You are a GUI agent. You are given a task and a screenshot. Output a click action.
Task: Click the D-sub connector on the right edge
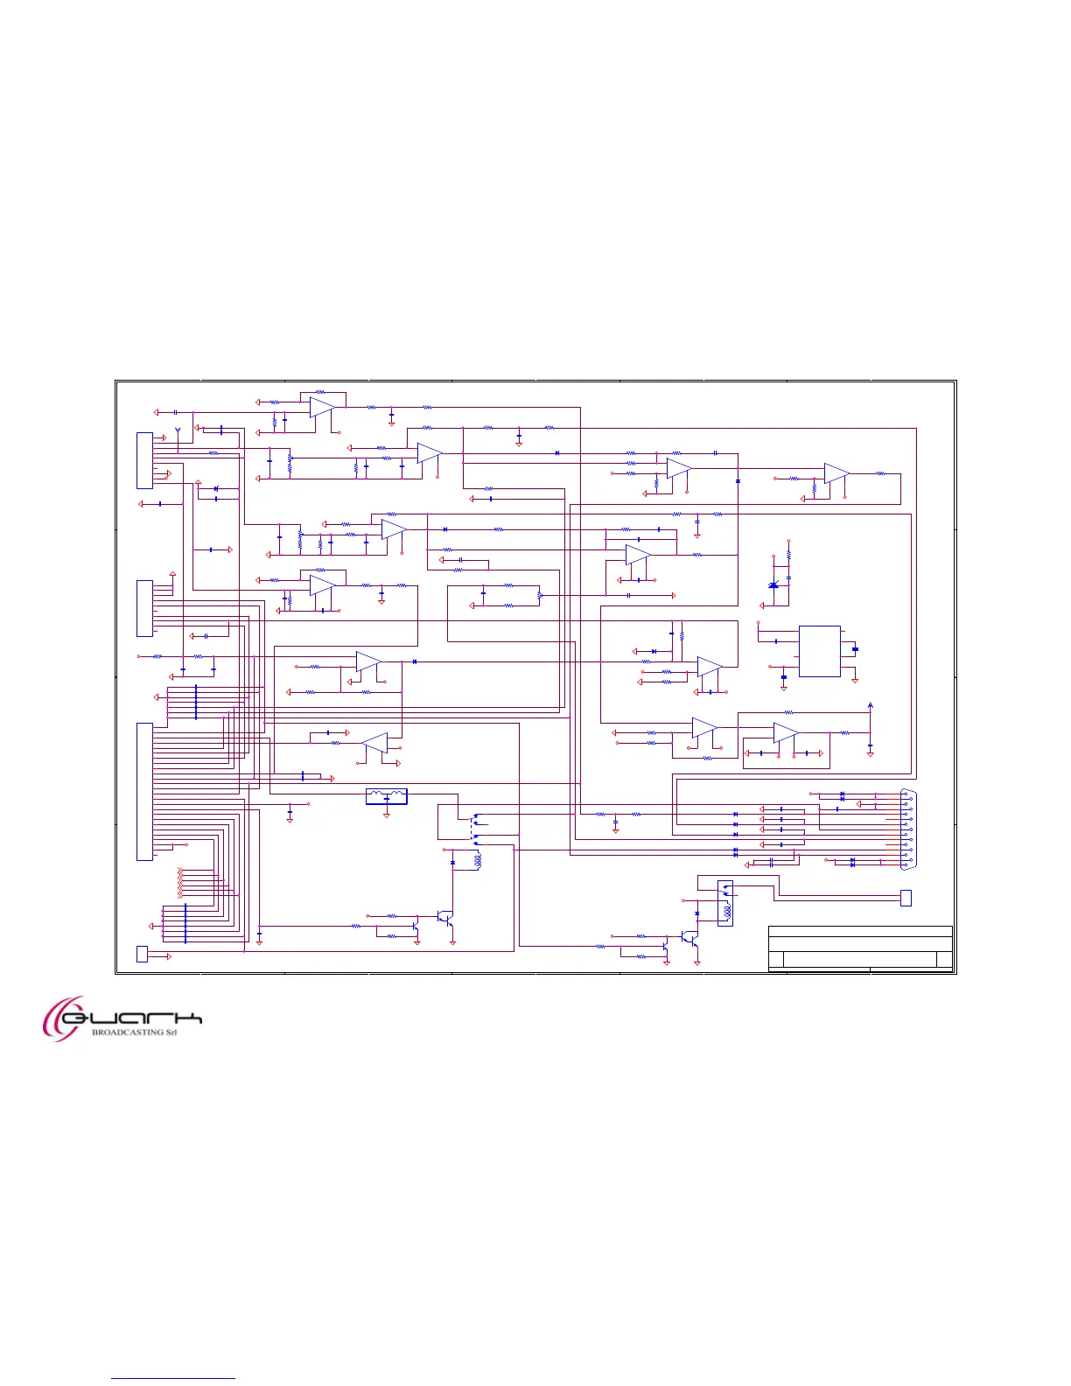(x=908, y=828)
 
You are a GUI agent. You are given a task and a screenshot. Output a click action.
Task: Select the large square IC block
(x=820, y=651)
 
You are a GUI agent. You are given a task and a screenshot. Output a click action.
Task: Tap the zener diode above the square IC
(x=773, y=584)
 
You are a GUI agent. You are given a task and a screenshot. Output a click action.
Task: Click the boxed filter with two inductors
(x=386, y=796)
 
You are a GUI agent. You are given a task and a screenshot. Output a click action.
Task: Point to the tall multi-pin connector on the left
(x=144, y=791)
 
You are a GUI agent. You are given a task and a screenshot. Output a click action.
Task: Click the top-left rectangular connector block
(x=144, y=459)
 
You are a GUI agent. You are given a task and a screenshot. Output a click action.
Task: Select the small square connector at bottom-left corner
(x=143, y=954)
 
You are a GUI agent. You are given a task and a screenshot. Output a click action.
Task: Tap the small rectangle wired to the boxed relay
(x=906, y=898)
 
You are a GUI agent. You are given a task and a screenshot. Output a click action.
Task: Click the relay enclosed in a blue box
(x=724, y=903)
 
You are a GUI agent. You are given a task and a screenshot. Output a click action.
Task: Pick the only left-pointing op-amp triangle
(x=374, y=743)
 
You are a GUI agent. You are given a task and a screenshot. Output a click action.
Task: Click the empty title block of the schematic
(x=860, y=948)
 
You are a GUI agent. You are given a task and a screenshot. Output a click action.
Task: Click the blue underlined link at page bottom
(x=173, y=1378)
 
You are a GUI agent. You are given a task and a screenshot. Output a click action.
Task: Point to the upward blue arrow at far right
(x=870, y=706)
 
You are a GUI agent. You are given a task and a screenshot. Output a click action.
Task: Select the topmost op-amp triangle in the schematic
(x=322, y=407)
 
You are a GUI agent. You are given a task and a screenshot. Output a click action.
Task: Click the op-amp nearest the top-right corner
(x=836, y=473)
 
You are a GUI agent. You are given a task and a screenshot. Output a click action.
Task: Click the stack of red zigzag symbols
(x=180, y=883)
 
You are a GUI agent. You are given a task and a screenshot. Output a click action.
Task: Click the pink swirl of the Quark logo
(x=61, y=1018)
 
